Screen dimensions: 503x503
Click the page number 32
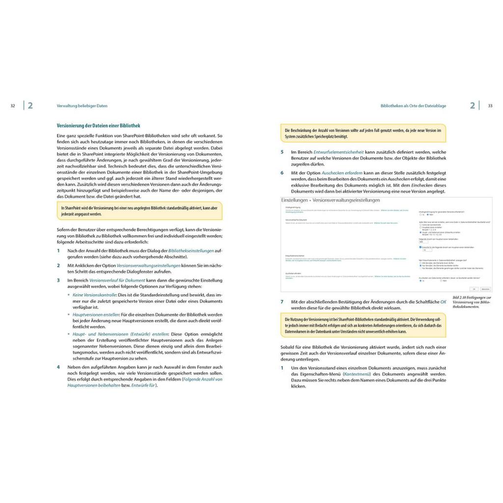point(13,106)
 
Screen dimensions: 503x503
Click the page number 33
point(490,106)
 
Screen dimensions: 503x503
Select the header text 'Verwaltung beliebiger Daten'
point(82,106)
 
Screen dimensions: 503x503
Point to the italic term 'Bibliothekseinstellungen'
point(191,251)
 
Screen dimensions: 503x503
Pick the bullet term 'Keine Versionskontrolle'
point(93,294)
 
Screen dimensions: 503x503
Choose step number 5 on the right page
point(282,152)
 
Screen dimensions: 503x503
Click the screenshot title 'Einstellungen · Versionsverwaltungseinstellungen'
point(331,201)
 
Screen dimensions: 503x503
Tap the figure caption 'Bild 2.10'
point(459,298)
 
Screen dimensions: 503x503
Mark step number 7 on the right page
point(282,301)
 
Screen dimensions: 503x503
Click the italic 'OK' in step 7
point(443,301)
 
